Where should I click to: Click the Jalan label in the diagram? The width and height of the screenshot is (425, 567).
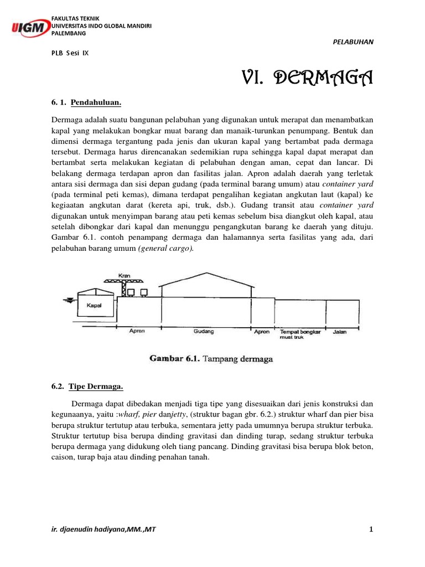(340, 332)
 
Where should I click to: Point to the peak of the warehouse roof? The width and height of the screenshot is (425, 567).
(207, 273)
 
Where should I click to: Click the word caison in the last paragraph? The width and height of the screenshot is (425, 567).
(63, 457)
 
